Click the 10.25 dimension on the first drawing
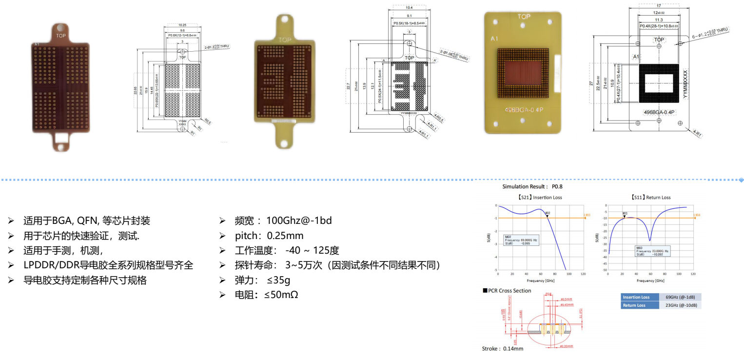pos(182,25)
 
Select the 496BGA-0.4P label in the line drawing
pos(659,112)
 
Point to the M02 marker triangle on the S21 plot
pos(547,216)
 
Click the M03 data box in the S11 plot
pos(652,251)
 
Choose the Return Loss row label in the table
pos(634,305)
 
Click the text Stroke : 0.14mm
pos(502,349)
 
